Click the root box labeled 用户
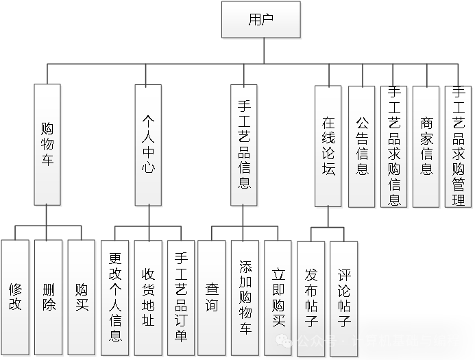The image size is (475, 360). point(261,19)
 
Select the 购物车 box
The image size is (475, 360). point(47,145)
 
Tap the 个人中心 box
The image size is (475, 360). point(148,145)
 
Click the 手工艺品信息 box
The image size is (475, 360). point(243,145)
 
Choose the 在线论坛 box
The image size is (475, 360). point(328,146)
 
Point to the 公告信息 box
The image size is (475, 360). point(362,146)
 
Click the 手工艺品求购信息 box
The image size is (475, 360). point(394,146)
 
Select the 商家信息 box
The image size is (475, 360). point(426,146)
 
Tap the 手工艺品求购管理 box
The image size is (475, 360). point(459,146)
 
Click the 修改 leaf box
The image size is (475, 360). point(15,297)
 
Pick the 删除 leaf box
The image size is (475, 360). point(48,297)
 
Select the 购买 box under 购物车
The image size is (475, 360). point(82,297)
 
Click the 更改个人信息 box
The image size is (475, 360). point(115,298)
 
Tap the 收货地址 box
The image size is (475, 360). point(148,298)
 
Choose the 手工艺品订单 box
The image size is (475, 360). point(181,298)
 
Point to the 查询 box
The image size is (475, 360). point(212,298)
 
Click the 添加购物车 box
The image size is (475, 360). point(245,298)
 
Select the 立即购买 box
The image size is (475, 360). point(278,298)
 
